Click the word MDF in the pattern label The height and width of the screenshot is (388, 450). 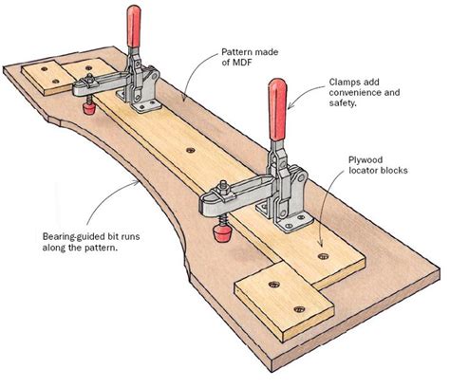(x=232, y=62)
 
